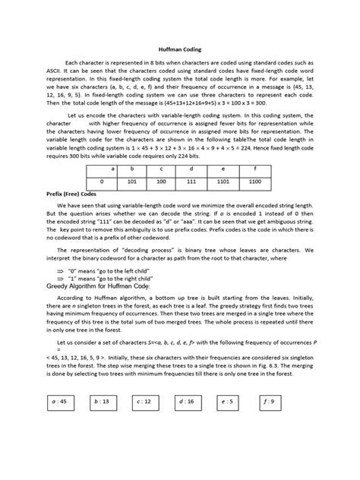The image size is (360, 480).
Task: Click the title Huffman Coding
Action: [179, 46]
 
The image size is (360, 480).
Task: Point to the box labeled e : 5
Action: [227, 419]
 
